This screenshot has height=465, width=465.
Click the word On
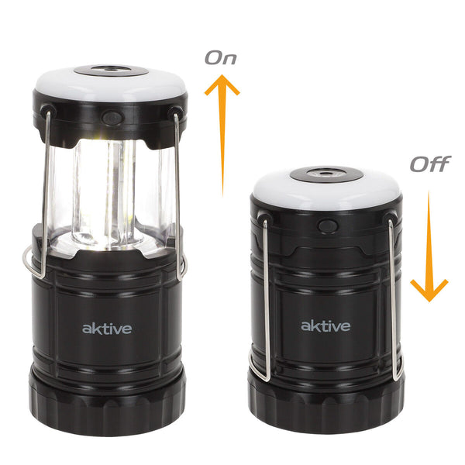coord(221,58)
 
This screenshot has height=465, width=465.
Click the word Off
coord(430,164)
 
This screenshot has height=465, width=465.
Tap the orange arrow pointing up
coord(222,135)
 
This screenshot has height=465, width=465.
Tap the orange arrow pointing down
coord(429,246)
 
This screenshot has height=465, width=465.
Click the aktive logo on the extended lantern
coord(107,328)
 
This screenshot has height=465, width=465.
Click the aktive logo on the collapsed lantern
coord(325,325)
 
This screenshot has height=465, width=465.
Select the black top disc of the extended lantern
coord(111,71)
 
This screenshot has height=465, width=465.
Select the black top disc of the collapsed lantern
coord(326,174)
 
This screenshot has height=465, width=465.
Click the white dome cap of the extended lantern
coord(110,85)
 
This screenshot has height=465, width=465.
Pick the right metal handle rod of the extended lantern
coord(178,197)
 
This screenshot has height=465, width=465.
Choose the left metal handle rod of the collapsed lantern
coord(266,299)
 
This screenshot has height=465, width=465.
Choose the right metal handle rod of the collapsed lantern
coord(393,299)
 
